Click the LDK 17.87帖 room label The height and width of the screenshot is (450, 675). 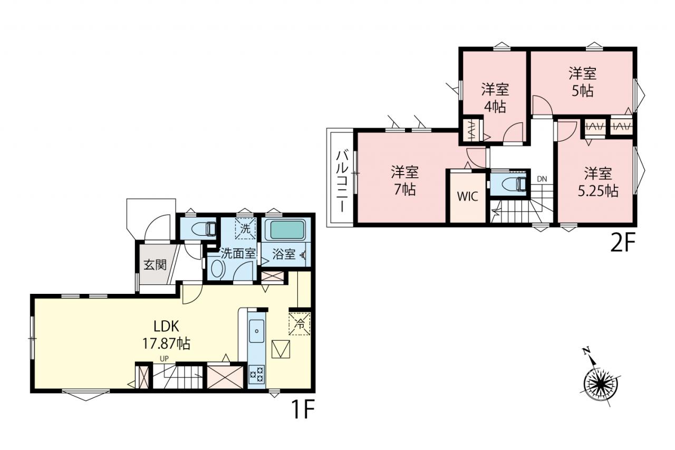pyautogui.click(x=166, y=334)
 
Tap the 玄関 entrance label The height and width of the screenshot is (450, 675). pyautogui.click(x=155, y=265)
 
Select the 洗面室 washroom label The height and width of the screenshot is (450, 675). pyautogui.click(x=238, y=254)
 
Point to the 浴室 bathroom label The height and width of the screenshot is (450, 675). pyautogui.click(x=284, y=254)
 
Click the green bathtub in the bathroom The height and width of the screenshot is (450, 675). pyautogui.click(x=286, y=230)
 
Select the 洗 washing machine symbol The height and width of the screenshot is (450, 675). pyautogui.click(x=245, y=228)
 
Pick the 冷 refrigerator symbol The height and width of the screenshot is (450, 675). pyautogui.click(x=300, y=324)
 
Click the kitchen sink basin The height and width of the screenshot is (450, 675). pyautogui.click(x=257, y=331)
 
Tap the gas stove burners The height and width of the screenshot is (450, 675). pyautogui.click(x=257, y=375)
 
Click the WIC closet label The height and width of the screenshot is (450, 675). pyautogui.click(x=467, y=197)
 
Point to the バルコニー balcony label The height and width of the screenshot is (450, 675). pyautogui.click(x=342, y=181)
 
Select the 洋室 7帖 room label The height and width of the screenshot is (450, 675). pyautogui.click(x=404, y=180)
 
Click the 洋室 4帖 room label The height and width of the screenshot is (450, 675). pyautogui.click(x=495, y=98)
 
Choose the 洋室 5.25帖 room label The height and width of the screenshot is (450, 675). pyautogui.click(x=598, y=182)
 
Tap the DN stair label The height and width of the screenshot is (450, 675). pyautogui.click(x=542, y=179)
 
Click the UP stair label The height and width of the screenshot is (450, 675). pyautogui.click(x=164, y=359)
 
